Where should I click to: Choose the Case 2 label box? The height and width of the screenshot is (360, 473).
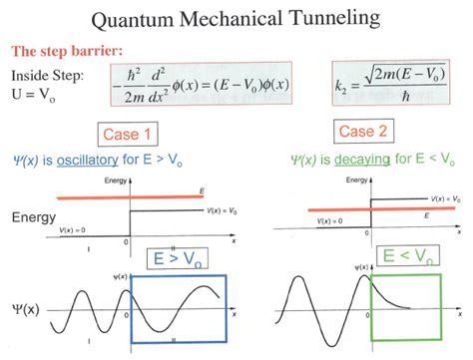point(356,133)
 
